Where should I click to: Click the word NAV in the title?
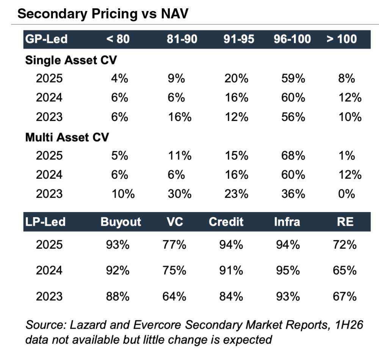(x=174, y=14)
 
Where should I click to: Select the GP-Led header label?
(x=46, y=39)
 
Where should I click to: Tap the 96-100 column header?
(x=292, y=39)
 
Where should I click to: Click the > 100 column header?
(x=341, y=39)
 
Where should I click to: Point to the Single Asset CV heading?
(x=71, y=60)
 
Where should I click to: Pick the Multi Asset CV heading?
(x=67, y=137)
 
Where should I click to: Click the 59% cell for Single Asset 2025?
(x=293, y=79)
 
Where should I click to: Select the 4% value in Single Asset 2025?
(x=120, y=79)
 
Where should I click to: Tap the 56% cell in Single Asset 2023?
(x=293, y=117)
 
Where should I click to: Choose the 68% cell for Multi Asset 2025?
(x=293, y=156)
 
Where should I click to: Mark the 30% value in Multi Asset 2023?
(x=180, y=194)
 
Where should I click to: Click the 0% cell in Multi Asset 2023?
(x=347, y=194)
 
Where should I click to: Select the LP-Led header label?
(x=45, y=222)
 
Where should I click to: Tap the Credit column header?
(x=226, y=222)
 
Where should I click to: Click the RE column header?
(x=345, y=222)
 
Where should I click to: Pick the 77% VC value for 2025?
(x=174, y=245)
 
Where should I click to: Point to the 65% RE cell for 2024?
(x=345, y=270)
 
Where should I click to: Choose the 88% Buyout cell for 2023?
(x=118, y=296)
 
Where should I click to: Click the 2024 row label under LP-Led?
(x=49, y=270)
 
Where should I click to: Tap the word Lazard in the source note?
(x=88, y=325)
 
